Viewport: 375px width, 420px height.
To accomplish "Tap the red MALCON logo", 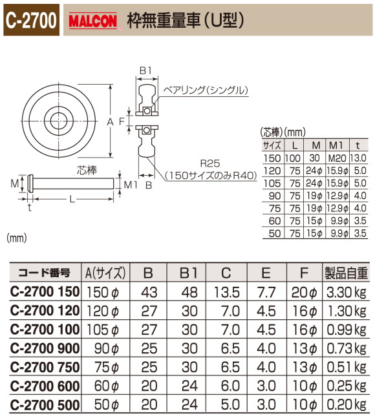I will click(x=92, y=21).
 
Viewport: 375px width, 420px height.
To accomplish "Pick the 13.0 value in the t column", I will click(x=359, y=158).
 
